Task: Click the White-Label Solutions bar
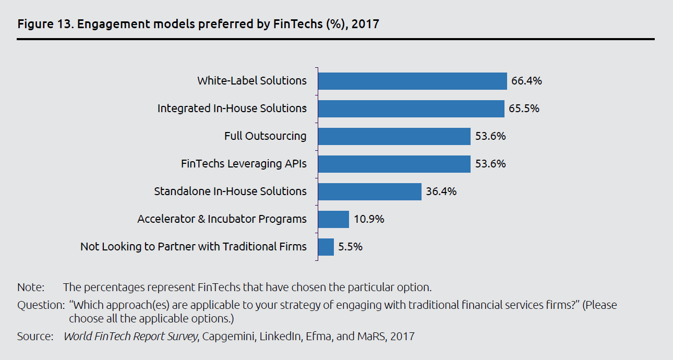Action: point(412,81)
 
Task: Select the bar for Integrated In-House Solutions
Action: point(411,109)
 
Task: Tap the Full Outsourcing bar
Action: point(394,136)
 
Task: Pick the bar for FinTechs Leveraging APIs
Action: point(394,164)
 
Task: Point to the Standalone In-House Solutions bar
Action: point(369,191)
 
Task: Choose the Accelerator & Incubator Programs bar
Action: point(333,219)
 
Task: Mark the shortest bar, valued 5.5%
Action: point(326,247)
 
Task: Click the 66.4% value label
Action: point(526,81)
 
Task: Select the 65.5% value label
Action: point(524,109)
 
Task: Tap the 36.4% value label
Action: point(441,191)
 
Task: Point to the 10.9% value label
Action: point(368,219)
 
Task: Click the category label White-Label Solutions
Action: point(252,81)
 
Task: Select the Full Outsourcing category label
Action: point(266,136)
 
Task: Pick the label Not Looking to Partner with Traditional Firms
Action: point(194,247)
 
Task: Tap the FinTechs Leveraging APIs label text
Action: point(244,164)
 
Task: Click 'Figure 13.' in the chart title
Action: point(40,24)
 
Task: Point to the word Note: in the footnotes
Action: point(31,287)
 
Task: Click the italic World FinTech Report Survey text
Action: point(130,337)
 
